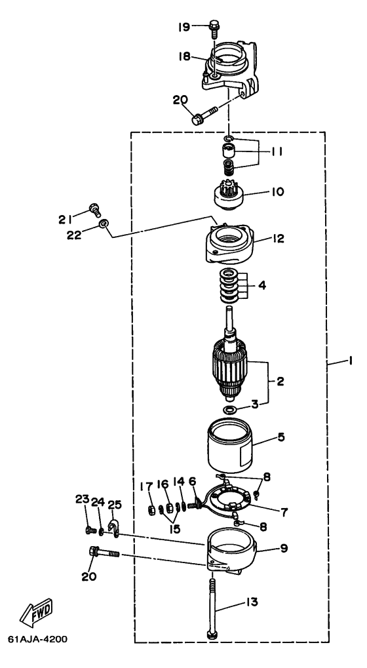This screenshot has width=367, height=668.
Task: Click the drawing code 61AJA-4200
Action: click(37, 639)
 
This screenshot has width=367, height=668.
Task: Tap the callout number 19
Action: click(184, 27)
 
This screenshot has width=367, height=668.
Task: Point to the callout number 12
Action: click(279, 238)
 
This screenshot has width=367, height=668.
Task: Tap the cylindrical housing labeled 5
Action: click(230, 444)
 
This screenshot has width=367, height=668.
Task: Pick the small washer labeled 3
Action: click(230, 410)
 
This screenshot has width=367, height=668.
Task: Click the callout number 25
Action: click(115, 505)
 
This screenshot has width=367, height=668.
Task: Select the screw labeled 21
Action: click(94, 210)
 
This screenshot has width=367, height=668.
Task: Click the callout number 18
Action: click(184, 56)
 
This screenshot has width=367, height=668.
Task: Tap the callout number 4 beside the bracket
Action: click(262, 285)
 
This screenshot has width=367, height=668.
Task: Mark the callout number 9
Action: click(283, 548)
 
